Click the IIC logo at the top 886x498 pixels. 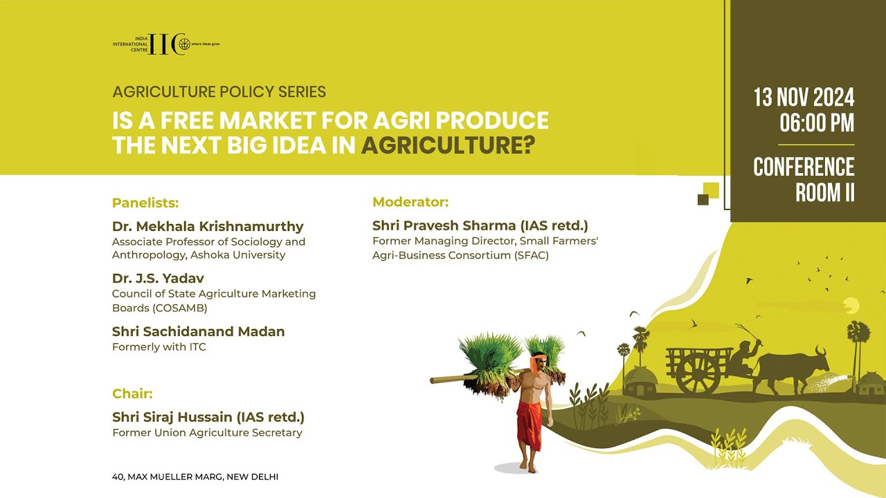click(x=166, y=44)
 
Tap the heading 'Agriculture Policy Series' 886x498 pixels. click(x=219, y=92)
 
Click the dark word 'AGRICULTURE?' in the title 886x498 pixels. click(x=448, y=145)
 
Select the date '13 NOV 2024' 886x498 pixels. click(x=804, y=98)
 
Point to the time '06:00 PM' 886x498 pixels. click(x=817, y=123)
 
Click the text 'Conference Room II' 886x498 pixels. click(x=804, y=179)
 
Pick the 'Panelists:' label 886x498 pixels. click(x=145, y=203)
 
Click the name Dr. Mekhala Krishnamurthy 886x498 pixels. click(x=208, y=226)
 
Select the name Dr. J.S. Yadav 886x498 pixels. click(x=159, y=278)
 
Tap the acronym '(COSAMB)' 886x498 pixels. click(x=180, y=308)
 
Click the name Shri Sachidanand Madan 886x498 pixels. click(x=199, y=331)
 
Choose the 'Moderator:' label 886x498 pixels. click(x=410, y=202)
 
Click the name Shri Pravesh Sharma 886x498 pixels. click(x=444, y=225)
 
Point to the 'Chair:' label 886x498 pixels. click(x=132, y=394)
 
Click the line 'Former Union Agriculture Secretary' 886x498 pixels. click(x=207, y=433)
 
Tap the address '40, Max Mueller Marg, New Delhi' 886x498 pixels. click(x=195, y=477)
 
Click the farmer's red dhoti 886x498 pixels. click(x=530, y=425)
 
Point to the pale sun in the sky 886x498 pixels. click(x=851, y=306)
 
